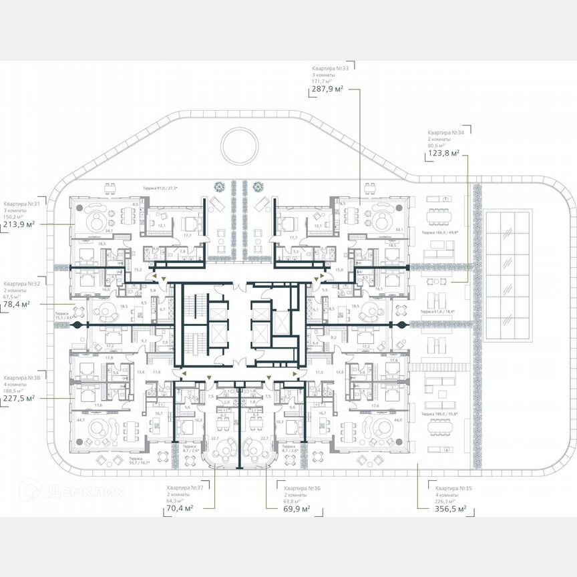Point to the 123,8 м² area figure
443,154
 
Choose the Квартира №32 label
21,283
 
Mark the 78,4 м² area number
17,305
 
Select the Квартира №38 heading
21,377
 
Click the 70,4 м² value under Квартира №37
179,508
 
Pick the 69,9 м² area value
295,509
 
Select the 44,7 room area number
81,420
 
